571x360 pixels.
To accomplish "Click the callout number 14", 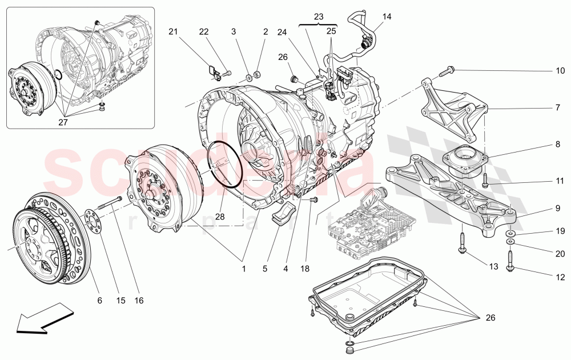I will pos(387,17).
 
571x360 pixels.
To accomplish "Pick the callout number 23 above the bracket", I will pos(318,17).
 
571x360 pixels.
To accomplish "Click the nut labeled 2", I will pos(256,73).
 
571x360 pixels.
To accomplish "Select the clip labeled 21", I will pos(214,72).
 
